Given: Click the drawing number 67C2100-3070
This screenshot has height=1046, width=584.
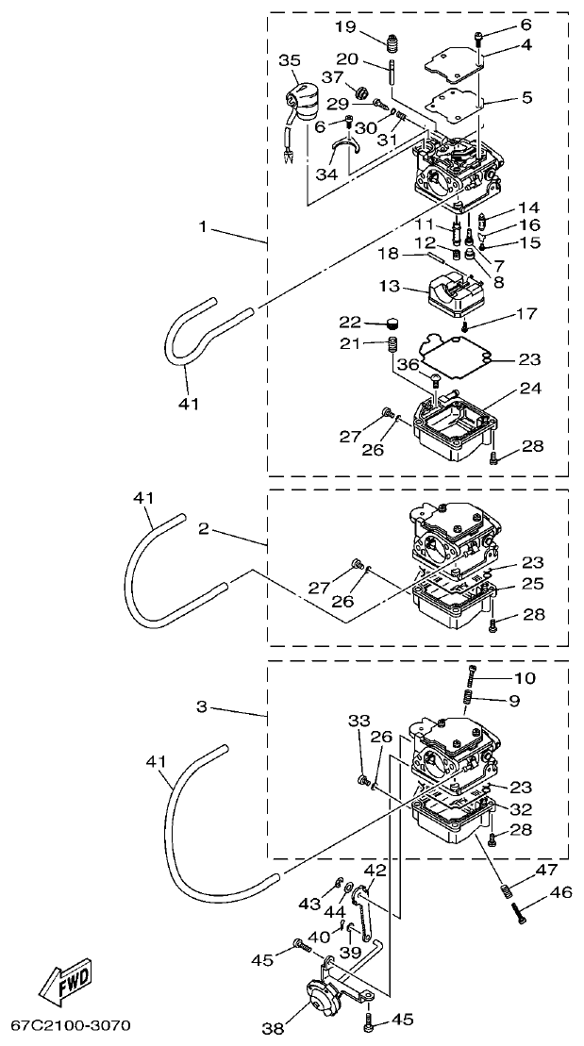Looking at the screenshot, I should click(x=71, y=1024).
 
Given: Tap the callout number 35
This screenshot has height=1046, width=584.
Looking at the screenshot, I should click(x=289, y=59).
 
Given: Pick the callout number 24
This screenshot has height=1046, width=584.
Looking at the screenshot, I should click(x=531, y=389).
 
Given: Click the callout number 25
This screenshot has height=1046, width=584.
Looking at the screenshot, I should click(x=532, y=585).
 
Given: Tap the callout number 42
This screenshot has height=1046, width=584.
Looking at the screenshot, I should click(x=375, y=870).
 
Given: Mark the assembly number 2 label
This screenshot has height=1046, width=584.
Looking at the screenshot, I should click(x=204, y=529).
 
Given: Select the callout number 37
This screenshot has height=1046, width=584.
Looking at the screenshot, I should click(x=332, y=76).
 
